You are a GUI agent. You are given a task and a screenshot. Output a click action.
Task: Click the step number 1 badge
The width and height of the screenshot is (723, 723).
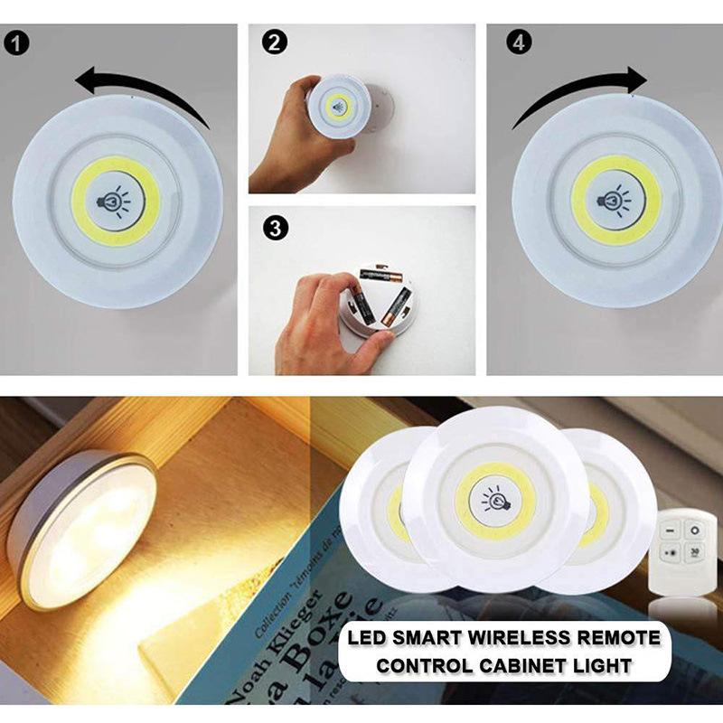click(16, 42)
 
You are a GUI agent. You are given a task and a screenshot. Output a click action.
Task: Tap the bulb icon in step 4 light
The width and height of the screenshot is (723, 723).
click(615, 199)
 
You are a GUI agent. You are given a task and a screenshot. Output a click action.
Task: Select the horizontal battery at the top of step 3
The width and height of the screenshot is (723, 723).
click(380, 274)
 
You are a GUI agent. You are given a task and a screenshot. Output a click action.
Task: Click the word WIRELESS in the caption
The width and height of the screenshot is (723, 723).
click(524, 639)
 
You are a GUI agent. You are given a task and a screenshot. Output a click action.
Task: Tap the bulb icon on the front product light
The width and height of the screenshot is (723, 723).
click(494, 498)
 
